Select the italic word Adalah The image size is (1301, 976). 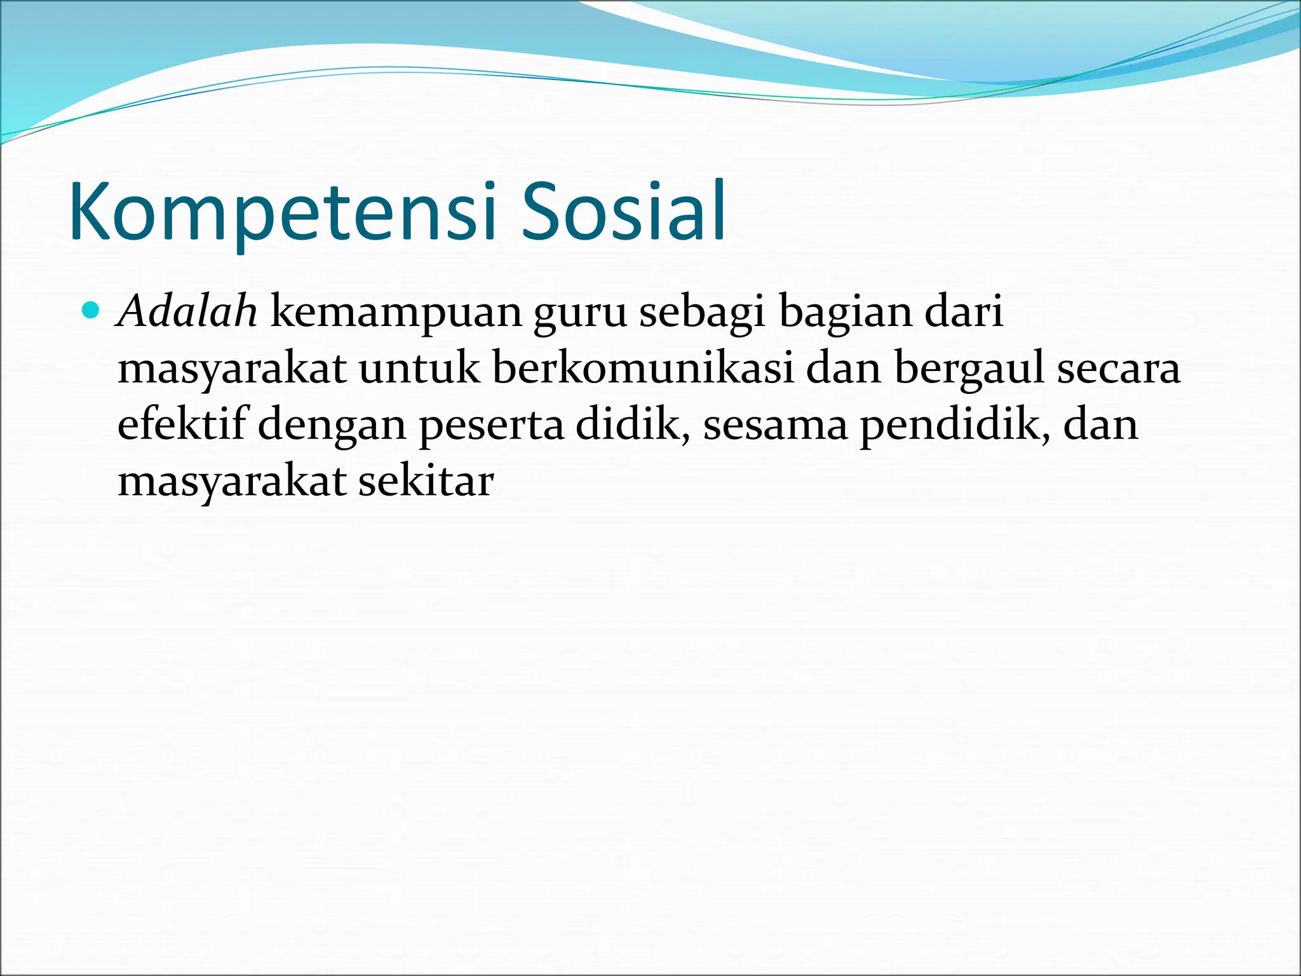pyautogui.click(x=187, y=312)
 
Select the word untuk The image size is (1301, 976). pyautogui.click(x=419, y=369)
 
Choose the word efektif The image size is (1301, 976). pyautogui.click(x=182, y=425)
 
